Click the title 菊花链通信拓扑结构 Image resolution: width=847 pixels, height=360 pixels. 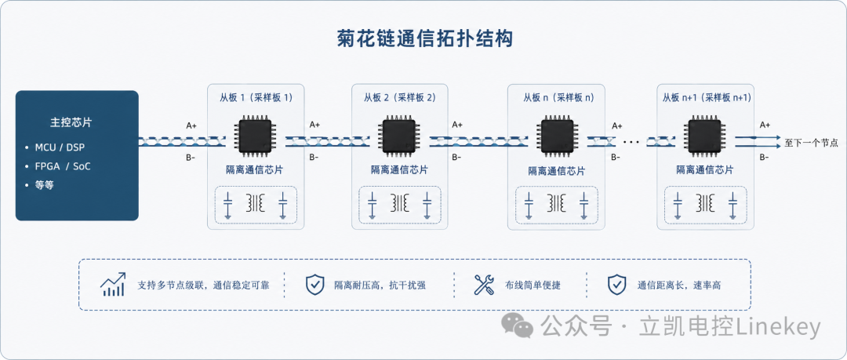[x=423, y=39]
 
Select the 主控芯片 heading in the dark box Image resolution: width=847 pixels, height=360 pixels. [x=71, y=122]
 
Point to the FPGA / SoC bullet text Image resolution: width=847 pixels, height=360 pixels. [x=63, y=166]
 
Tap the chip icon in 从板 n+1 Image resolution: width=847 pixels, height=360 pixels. [x=705, y=135]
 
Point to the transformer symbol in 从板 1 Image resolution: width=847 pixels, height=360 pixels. [x=256, y=202]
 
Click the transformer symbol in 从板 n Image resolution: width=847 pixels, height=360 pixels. [x=556, y=204]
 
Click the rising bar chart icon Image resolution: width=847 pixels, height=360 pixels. [x=113, y=285]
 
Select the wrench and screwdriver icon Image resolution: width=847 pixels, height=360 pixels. [x=484, y=285]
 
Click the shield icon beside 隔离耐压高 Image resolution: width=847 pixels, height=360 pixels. [x=314, y=285]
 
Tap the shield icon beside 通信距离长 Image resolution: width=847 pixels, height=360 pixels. [x=616, y=285]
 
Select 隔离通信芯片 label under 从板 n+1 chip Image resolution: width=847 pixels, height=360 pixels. [x=705, y=169]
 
